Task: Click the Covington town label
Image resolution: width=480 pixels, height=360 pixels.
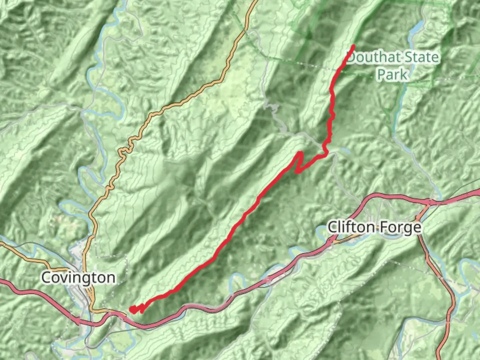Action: tap(78, 278)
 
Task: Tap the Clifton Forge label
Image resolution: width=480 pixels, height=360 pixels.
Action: tap(374, 228)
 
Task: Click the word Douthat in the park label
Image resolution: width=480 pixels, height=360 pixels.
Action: tap(373, 57)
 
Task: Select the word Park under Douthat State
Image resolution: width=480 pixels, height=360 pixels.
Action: tap(392, 74)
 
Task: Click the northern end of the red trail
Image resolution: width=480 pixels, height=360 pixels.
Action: tap(353, 46)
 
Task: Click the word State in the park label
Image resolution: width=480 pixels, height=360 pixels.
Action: tap(421, 57)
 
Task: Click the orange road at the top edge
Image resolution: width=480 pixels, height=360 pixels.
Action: tap(255, 2)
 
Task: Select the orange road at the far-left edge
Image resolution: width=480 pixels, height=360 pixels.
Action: tap(2, 244)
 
